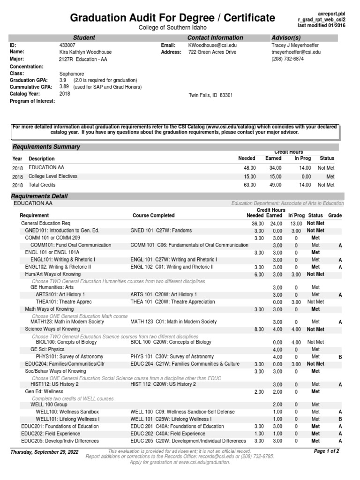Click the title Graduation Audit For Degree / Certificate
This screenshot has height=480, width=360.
pyautogui.click(x=172, y=18)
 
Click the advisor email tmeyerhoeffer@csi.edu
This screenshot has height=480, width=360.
pyautogui.click(x=296, y=52)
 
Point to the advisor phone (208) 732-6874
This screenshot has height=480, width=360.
pyautogui.click(x=288, y=60)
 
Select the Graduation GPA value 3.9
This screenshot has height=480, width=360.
pyautogui.click(x=63, y=81)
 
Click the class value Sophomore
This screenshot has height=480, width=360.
pyautogui.click(x=71, y=74)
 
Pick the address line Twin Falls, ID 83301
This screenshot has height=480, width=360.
pyautogui.click(x=210, y=95)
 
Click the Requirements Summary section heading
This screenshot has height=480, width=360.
pyautogui.click(x=46, y=147)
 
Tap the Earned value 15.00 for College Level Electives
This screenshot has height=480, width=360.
pyautogui.click(x=273, y=176)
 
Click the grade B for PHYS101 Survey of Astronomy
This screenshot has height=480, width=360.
pyautogui.click(x=340, y=357)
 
